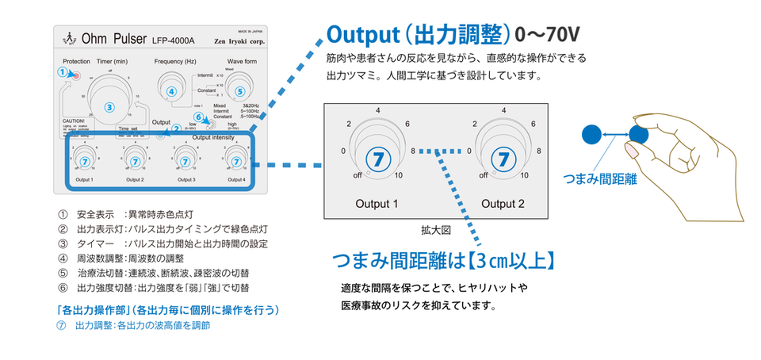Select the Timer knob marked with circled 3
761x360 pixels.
tap(110, 105)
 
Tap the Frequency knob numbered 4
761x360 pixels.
tap(171, 91)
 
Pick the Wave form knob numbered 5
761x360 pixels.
tap(240, 91)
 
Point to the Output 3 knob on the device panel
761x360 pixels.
tap(186, 161)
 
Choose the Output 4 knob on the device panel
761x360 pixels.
tap(236, 161)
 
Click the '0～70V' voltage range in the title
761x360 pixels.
tap(548, 35)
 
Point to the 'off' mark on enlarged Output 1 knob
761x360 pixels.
tap(348, 175)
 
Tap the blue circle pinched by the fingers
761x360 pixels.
tap(639, 135)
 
